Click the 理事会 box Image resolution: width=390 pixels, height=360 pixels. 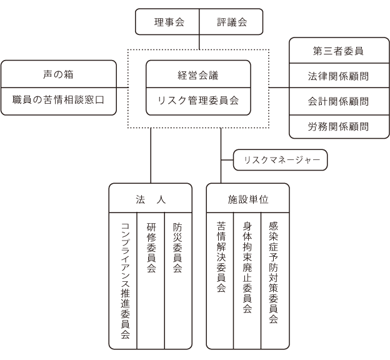point(167,22)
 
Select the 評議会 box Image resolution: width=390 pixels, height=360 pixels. point(231,22)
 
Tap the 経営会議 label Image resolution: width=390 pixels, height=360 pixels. point(198,75)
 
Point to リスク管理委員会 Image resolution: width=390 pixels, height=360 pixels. point(198,101)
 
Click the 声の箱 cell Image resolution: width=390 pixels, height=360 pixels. point(59,74)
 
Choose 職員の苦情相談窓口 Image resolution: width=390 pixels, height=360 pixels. point(59,101)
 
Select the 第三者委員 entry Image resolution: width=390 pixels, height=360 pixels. point(339,51)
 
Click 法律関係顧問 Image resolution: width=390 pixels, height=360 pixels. point(339,76)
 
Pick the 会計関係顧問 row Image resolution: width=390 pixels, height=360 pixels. point(339,101)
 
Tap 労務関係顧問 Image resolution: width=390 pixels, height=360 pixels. point(339,127)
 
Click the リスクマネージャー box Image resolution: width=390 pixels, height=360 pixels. point(280,160)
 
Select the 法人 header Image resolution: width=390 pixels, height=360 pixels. point(151,198)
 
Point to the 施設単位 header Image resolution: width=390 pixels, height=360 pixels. point(248,198)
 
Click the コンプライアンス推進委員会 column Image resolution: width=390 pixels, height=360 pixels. point(123,281)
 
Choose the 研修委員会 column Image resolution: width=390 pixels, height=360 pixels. point(151,281)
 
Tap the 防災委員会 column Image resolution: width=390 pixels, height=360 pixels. point(178,281)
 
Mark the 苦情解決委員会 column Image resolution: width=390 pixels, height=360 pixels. point(220,281)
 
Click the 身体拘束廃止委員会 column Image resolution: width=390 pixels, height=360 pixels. point(247,281)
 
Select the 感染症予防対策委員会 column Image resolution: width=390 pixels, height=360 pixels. point(275,281)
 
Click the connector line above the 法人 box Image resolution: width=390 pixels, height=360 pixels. point(151,156)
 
